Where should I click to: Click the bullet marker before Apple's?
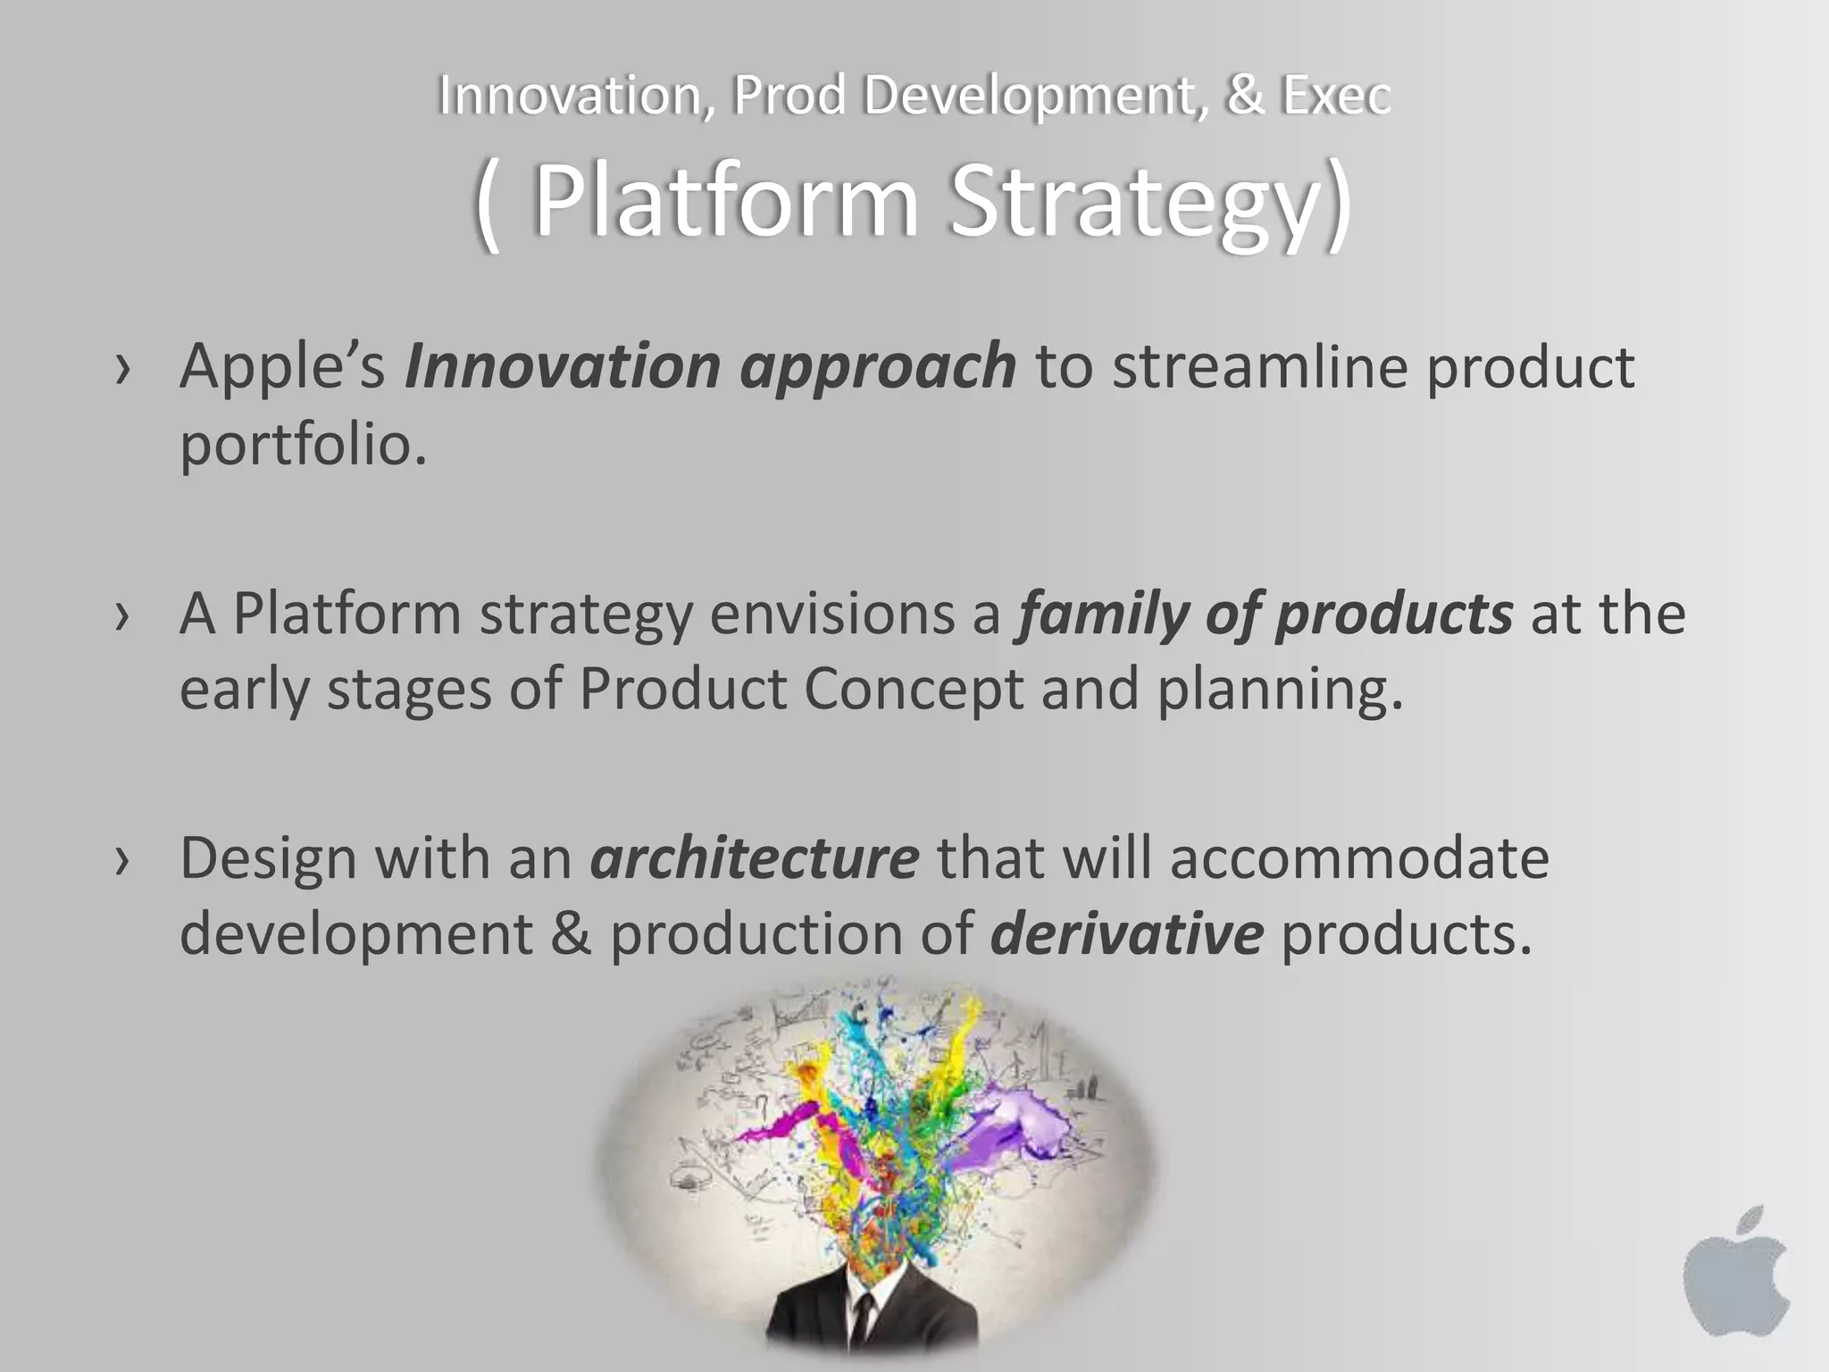click(123, 369)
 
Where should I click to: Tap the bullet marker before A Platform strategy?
click(123, 615)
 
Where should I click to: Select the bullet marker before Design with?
click(123, 860)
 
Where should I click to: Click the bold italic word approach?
click(877, 368)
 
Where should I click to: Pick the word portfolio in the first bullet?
click(302, 444)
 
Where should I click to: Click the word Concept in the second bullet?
click(913, 690)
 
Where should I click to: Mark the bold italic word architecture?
click(754, 858)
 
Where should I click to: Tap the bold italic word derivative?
click(1127, 934)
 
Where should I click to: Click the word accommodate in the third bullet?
click(1359, 858)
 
